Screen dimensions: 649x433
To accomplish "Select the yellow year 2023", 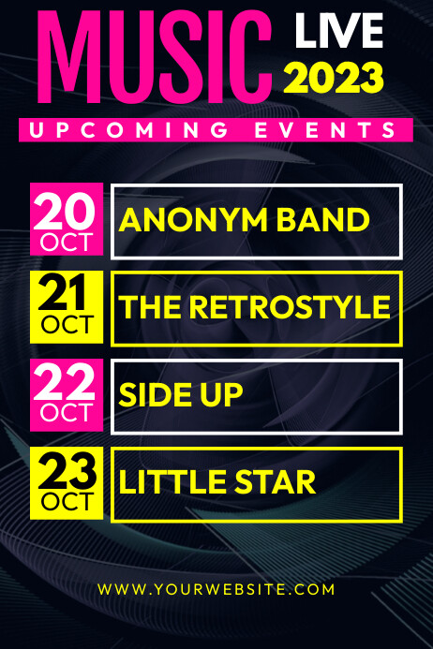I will (x=335, y=78).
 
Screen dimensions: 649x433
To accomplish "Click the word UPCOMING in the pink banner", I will (x=126, y=130).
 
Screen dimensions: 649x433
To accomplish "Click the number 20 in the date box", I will (x=66, y=211).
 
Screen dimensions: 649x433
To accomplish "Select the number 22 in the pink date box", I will (x=66, y=384).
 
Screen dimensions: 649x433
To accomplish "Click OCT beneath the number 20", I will (x=66, y=243).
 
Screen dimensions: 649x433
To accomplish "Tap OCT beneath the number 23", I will (x=66, y=503).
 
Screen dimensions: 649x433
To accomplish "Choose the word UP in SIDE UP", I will (x=223, y=396).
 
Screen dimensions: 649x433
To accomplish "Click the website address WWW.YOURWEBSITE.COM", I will (x=216, y=589).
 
